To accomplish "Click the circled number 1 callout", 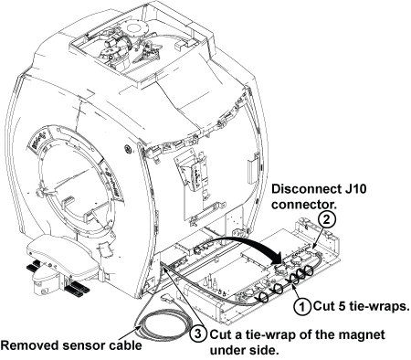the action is coord(302,307).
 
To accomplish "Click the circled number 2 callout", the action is coord(326,219).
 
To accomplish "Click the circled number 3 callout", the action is coord(198,334).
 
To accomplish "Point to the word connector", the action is coord(304,205).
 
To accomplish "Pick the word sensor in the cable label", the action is coord(75,346).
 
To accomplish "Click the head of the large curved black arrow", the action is coord(276,259).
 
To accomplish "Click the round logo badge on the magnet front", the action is coord(127,149).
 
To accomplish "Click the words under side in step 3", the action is coord(244,351).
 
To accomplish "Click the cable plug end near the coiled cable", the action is coord(168,299).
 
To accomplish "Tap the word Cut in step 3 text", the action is coord(219,334).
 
